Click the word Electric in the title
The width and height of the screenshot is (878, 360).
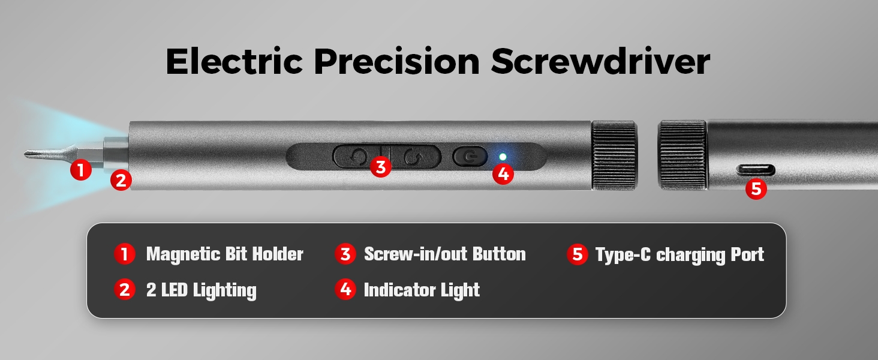pos(234,61)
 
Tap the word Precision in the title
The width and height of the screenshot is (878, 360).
pos(397,61)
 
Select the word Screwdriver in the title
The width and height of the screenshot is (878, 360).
pos(600,61)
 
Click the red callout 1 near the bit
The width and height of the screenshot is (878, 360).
pos(81,170)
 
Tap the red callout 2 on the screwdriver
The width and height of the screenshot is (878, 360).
pos(121,180)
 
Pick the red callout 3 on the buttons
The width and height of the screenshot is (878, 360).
pos(381,167)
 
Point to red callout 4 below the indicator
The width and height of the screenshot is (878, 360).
pos(503,174)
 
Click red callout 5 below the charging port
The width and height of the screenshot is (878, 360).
pos(756,188)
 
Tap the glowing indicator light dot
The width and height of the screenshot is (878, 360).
pos(503,157)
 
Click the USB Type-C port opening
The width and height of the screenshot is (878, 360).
pos(756,170)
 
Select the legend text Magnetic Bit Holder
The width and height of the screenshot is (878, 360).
pos(224,254)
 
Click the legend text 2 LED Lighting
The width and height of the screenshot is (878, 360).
pos(202,290)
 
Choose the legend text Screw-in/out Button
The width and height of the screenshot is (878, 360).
pos(445,254)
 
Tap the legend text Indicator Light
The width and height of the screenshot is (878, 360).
pos(422,290)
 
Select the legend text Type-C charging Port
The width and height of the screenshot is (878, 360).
pos(679,255)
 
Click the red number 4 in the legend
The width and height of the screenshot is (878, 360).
pos(345,289)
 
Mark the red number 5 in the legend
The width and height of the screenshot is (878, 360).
pos(578,254)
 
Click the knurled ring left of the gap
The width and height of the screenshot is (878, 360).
pos(614,155)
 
